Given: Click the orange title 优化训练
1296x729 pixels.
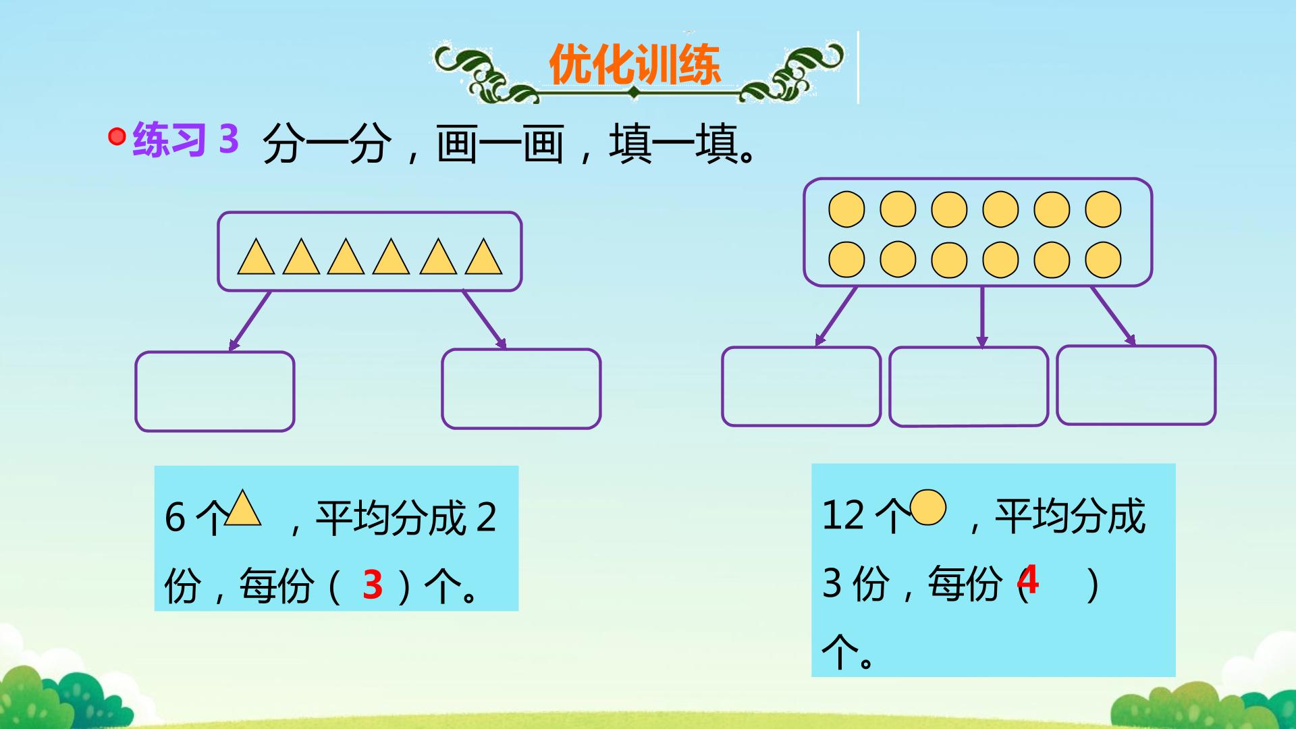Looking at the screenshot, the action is click(x=634, y=65).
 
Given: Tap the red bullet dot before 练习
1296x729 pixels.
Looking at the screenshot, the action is click(x=117, y=137).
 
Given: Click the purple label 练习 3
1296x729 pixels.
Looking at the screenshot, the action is click(x=186, y=139).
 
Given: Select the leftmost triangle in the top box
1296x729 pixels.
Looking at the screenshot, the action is click(x=256, y=256).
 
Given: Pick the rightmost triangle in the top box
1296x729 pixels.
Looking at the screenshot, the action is click(x=483, y=256).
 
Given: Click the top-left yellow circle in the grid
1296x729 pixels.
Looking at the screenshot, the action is click(x=846, y=209).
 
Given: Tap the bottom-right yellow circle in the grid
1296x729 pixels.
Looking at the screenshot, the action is click(x=1103, y=260).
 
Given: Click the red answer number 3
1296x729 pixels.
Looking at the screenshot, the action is click(x=373, y=585).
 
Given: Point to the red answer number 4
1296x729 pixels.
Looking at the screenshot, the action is click(x=1027, y=579).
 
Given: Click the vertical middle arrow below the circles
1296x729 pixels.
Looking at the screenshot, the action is click(x=982, y=317).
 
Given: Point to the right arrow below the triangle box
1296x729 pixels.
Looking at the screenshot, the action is click(x=484, y=320).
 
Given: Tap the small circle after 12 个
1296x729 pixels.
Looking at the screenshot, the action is click(x=928, y=508).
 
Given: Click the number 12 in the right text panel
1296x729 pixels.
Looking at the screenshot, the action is click(x=843, y=515).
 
